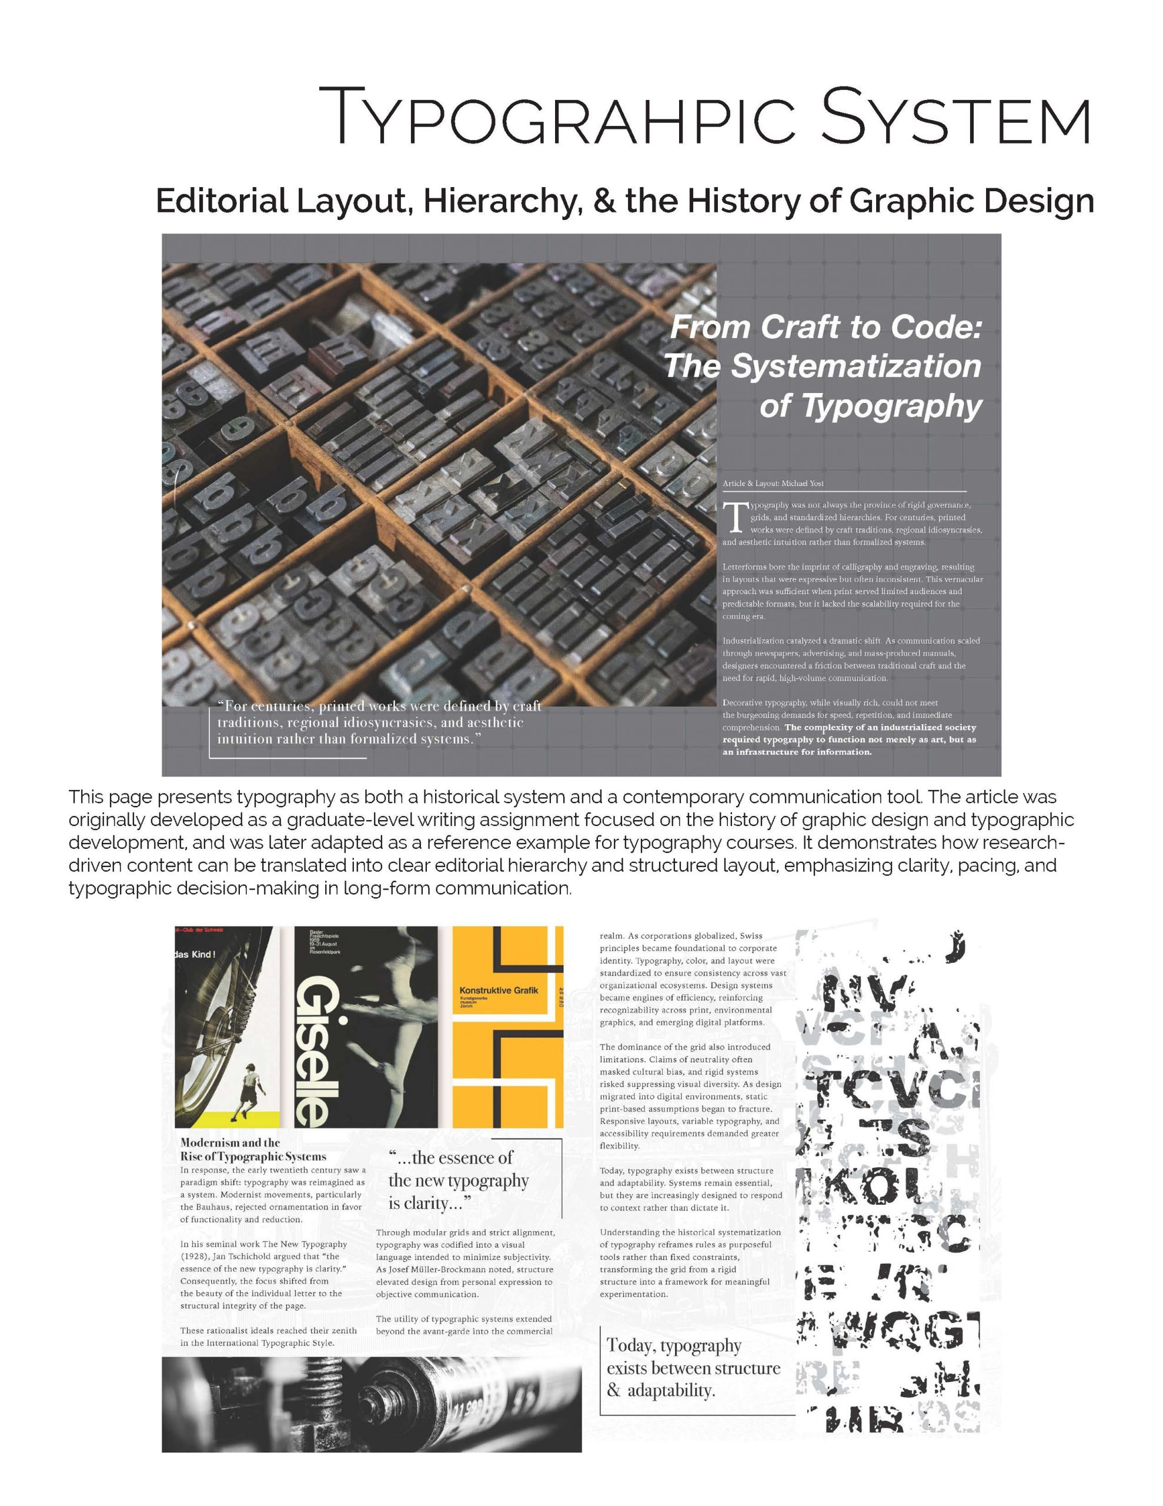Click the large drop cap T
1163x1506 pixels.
[x=735, y=518]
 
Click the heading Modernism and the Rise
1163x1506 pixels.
[x=252, y=1150]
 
